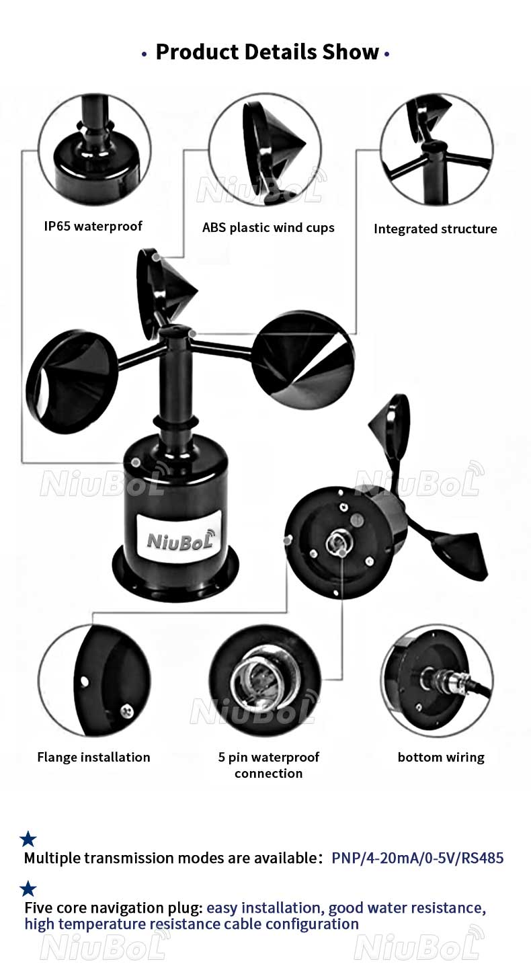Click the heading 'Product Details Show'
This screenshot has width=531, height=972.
tap(268, 52)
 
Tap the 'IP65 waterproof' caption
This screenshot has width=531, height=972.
tap(93, 226)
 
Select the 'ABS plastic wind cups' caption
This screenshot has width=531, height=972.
tap(268, 228)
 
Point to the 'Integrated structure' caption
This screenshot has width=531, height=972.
tap(436, 229)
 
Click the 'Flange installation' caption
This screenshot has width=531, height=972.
tap(93, 757)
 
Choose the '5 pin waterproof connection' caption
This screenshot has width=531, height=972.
tap(269, 765)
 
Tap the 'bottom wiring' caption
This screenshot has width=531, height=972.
tap(441, 757)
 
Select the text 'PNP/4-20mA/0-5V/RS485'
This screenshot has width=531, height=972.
tap(417, 858)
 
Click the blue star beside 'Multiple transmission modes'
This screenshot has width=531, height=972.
tap(28, 839)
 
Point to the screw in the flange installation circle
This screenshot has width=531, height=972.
tap(126, 711)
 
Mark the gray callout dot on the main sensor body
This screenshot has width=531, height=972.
tap(136, 462)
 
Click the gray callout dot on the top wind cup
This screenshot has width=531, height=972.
tap(156, 257)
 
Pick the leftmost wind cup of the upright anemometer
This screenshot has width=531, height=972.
tap(71, 381)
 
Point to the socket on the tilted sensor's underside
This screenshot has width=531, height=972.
tap(336, 542)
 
